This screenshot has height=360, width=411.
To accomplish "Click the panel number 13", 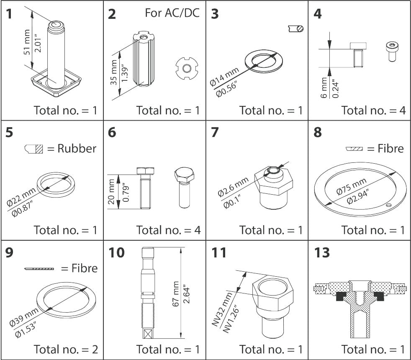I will click(x=321, y=253).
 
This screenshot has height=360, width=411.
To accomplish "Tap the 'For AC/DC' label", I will click(x=172, y=13).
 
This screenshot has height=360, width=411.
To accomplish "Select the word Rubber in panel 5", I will click(x=77, y=148).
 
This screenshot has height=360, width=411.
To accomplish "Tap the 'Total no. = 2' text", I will click(x=66, y=349).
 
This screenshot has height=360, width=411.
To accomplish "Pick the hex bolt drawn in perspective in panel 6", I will click(x=182, y=186).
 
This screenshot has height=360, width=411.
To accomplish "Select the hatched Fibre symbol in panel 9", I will click(x=39, y=268).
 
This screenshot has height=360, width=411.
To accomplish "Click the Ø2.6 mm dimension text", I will click(x=233, y=187).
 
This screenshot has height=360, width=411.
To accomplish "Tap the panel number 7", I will click(x=215, y=133).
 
